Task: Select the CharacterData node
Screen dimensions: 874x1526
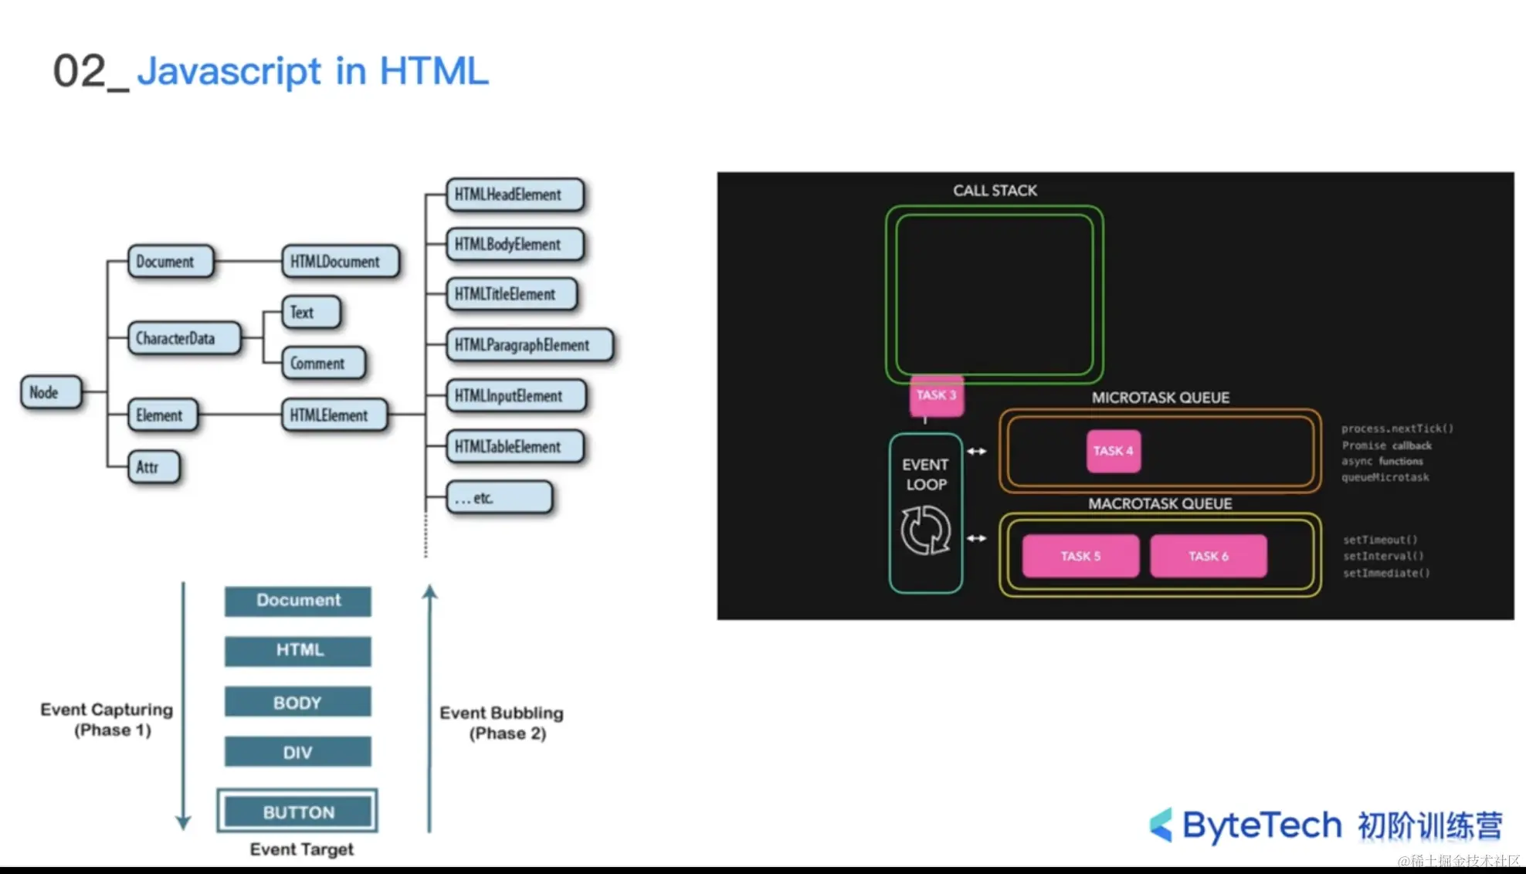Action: tap(184, 338)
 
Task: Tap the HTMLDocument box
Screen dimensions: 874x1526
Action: tap(340, 262)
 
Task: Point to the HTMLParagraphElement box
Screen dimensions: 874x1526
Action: tap(529, 345)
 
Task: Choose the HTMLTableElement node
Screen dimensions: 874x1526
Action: tap(514, 446)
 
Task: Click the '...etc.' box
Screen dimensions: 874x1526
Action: tap(499, 498)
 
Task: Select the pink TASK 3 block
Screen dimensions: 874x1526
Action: tap(936, 395)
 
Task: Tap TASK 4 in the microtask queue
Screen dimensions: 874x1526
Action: tap(1113, 451)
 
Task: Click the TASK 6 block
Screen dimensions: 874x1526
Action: tap(1208, 556)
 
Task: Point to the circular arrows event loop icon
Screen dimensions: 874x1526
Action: tap(925, 530)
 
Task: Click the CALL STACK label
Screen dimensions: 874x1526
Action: tap(995, 191)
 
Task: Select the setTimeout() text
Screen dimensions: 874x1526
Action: tap(1380, 540)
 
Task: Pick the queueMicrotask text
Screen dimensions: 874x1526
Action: tap(1385, 477)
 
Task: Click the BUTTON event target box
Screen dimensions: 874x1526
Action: tap(298, 811)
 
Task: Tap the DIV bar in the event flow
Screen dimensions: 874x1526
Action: tap(298, 752)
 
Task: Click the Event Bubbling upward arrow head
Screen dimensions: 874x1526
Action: tap(430, 591)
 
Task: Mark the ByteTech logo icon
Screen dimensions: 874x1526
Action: tap(1161, 825)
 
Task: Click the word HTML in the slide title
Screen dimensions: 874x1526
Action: tap(433, 71)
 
